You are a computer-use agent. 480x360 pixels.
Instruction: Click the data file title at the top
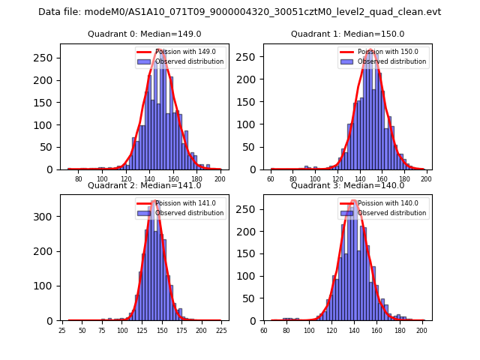[240, 12]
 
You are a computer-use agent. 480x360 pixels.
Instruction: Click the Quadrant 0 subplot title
[144, 34]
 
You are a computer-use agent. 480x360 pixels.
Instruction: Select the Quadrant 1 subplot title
[347, 34]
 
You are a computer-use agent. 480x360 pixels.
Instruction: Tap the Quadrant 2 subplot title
[144, 185]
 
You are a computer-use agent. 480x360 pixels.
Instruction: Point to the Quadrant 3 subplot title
[347, 185]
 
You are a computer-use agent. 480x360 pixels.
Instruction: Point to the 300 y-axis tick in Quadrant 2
[48, 217]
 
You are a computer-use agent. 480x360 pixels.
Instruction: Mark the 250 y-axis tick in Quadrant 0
[48, 57]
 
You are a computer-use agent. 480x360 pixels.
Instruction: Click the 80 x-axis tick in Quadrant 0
[79, 178]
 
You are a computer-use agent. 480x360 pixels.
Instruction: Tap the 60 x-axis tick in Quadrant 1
[271, 178]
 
